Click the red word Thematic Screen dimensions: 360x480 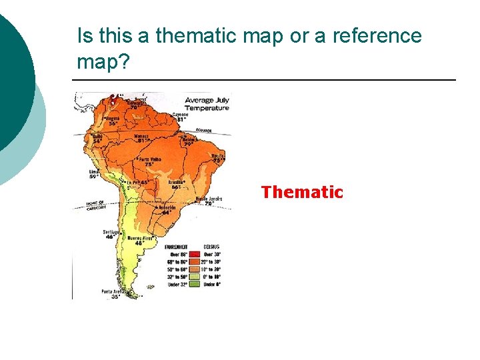(x=302, y=193)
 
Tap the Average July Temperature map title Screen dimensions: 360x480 (x=207, y=104)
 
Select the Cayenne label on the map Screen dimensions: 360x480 (x=181, y=115)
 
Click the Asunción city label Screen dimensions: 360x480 (x=167, y=207)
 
